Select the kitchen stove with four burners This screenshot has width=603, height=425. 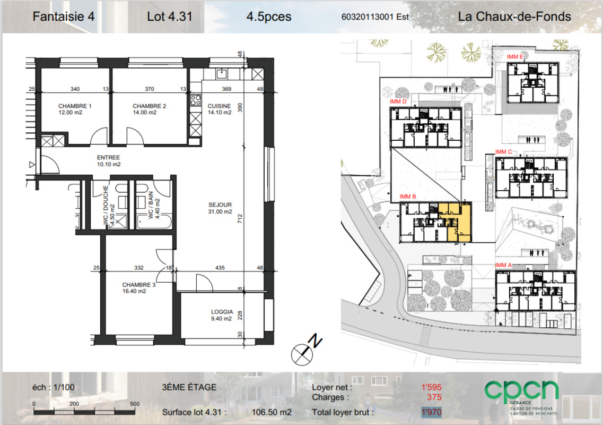(195, 100)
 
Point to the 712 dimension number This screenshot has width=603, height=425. (240, 219)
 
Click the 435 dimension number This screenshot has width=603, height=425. (220, 267)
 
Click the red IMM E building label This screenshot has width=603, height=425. (515, 57)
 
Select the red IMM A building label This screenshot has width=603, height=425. (503, 265)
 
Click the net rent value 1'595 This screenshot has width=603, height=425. (432, 387)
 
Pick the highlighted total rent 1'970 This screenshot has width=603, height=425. (432, 412)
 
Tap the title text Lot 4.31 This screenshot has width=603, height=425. (170, 16)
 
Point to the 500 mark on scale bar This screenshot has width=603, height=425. (135, 404)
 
